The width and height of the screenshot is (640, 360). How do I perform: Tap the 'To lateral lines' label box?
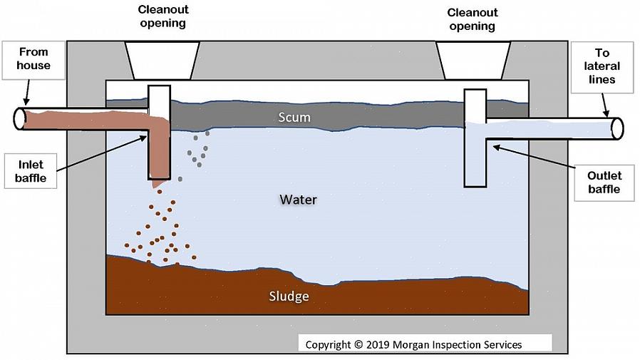pyautogui.click(x=602, y=67)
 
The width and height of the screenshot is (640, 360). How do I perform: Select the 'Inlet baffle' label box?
pyautogui.click(x=31, y=172)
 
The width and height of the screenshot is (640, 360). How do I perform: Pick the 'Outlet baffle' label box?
pyautogui.click(x=604, y=182)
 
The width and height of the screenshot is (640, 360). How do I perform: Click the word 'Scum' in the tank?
pyautogui.click(x=294, y=117)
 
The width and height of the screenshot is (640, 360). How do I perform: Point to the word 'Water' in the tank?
pyautogui.click(x=298, y=200)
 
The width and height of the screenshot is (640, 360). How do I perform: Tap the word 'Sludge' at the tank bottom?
pyautogui.click(x=289, y=296)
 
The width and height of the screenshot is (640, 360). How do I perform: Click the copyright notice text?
pyautogui.click(x=413, y=344)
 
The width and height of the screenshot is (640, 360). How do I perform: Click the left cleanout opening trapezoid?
pyautogui.click(x=162, y=59)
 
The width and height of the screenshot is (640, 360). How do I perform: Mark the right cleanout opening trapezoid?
pyautogui.click(x=473, y=60)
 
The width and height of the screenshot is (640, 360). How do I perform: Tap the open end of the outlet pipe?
pyautogui.click(x=617, y=128)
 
